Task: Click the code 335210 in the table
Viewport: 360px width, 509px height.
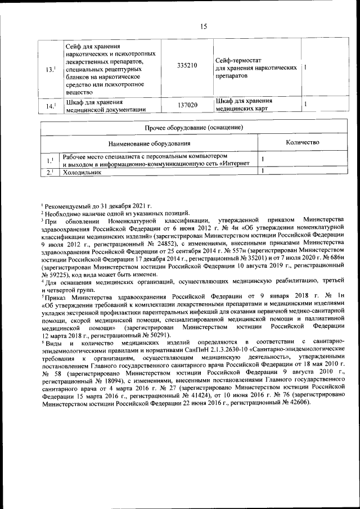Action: point(187,66)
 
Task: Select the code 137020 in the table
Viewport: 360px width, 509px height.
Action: point(187,105)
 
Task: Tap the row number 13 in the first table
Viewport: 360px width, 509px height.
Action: point(49,69)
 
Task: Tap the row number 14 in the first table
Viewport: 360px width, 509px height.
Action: point(49,106)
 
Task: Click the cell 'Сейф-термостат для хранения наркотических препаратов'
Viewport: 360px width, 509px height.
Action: point(256,67)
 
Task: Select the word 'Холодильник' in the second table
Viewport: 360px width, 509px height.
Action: point(82,173)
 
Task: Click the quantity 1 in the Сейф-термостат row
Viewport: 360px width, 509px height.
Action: point(304,67)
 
